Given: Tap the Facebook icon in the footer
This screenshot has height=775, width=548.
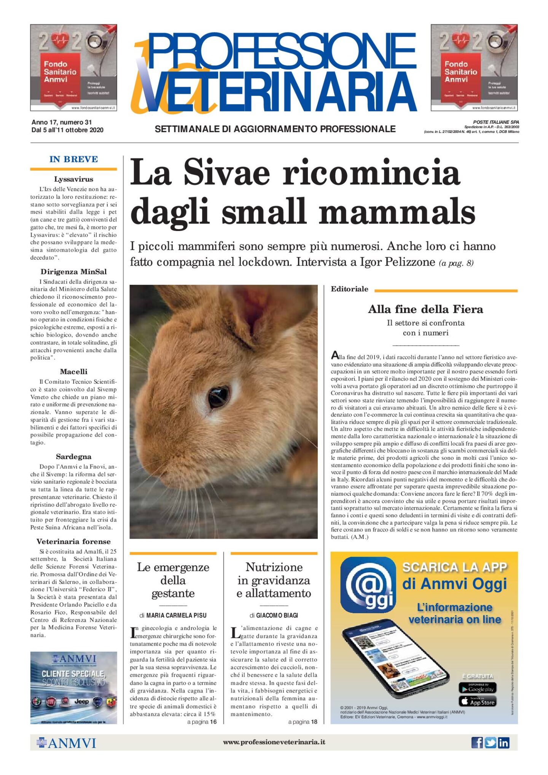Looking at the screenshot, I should coord(477,742).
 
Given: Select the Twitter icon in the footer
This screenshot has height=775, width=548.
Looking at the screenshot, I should coord(490,742).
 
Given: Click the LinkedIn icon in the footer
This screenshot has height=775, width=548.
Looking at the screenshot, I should coord(503,742).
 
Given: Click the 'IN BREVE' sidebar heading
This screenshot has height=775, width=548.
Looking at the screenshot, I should coord(73,159).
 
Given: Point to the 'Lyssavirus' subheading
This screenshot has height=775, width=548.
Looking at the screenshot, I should coord(73,179).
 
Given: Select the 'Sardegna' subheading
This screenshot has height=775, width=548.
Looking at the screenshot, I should coord(73,456).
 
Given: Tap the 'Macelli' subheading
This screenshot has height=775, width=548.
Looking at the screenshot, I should coord(73,372).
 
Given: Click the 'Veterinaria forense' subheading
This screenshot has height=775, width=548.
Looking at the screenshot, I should coord(73,541).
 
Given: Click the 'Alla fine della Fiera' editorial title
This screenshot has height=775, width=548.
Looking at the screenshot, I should coord(425,309).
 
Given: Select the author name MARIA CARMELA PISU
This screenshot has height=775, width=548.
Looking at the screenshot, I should coord(176,615).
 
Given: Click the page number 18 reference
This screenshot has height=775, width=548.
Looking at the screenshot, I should coord(314,722).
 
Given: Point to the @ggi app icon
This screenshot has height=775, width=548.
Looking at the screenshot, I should coord(368,585).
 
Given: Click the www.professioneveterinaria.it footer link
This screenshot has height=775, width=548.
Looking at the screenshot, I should coord(274,742).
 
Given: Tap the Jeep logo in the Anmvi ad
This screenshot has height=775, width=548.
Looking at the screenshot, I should coord(81,701).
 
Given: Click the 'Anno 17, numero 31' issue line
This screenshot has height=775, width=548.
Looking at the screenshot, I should coord(62,122).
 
